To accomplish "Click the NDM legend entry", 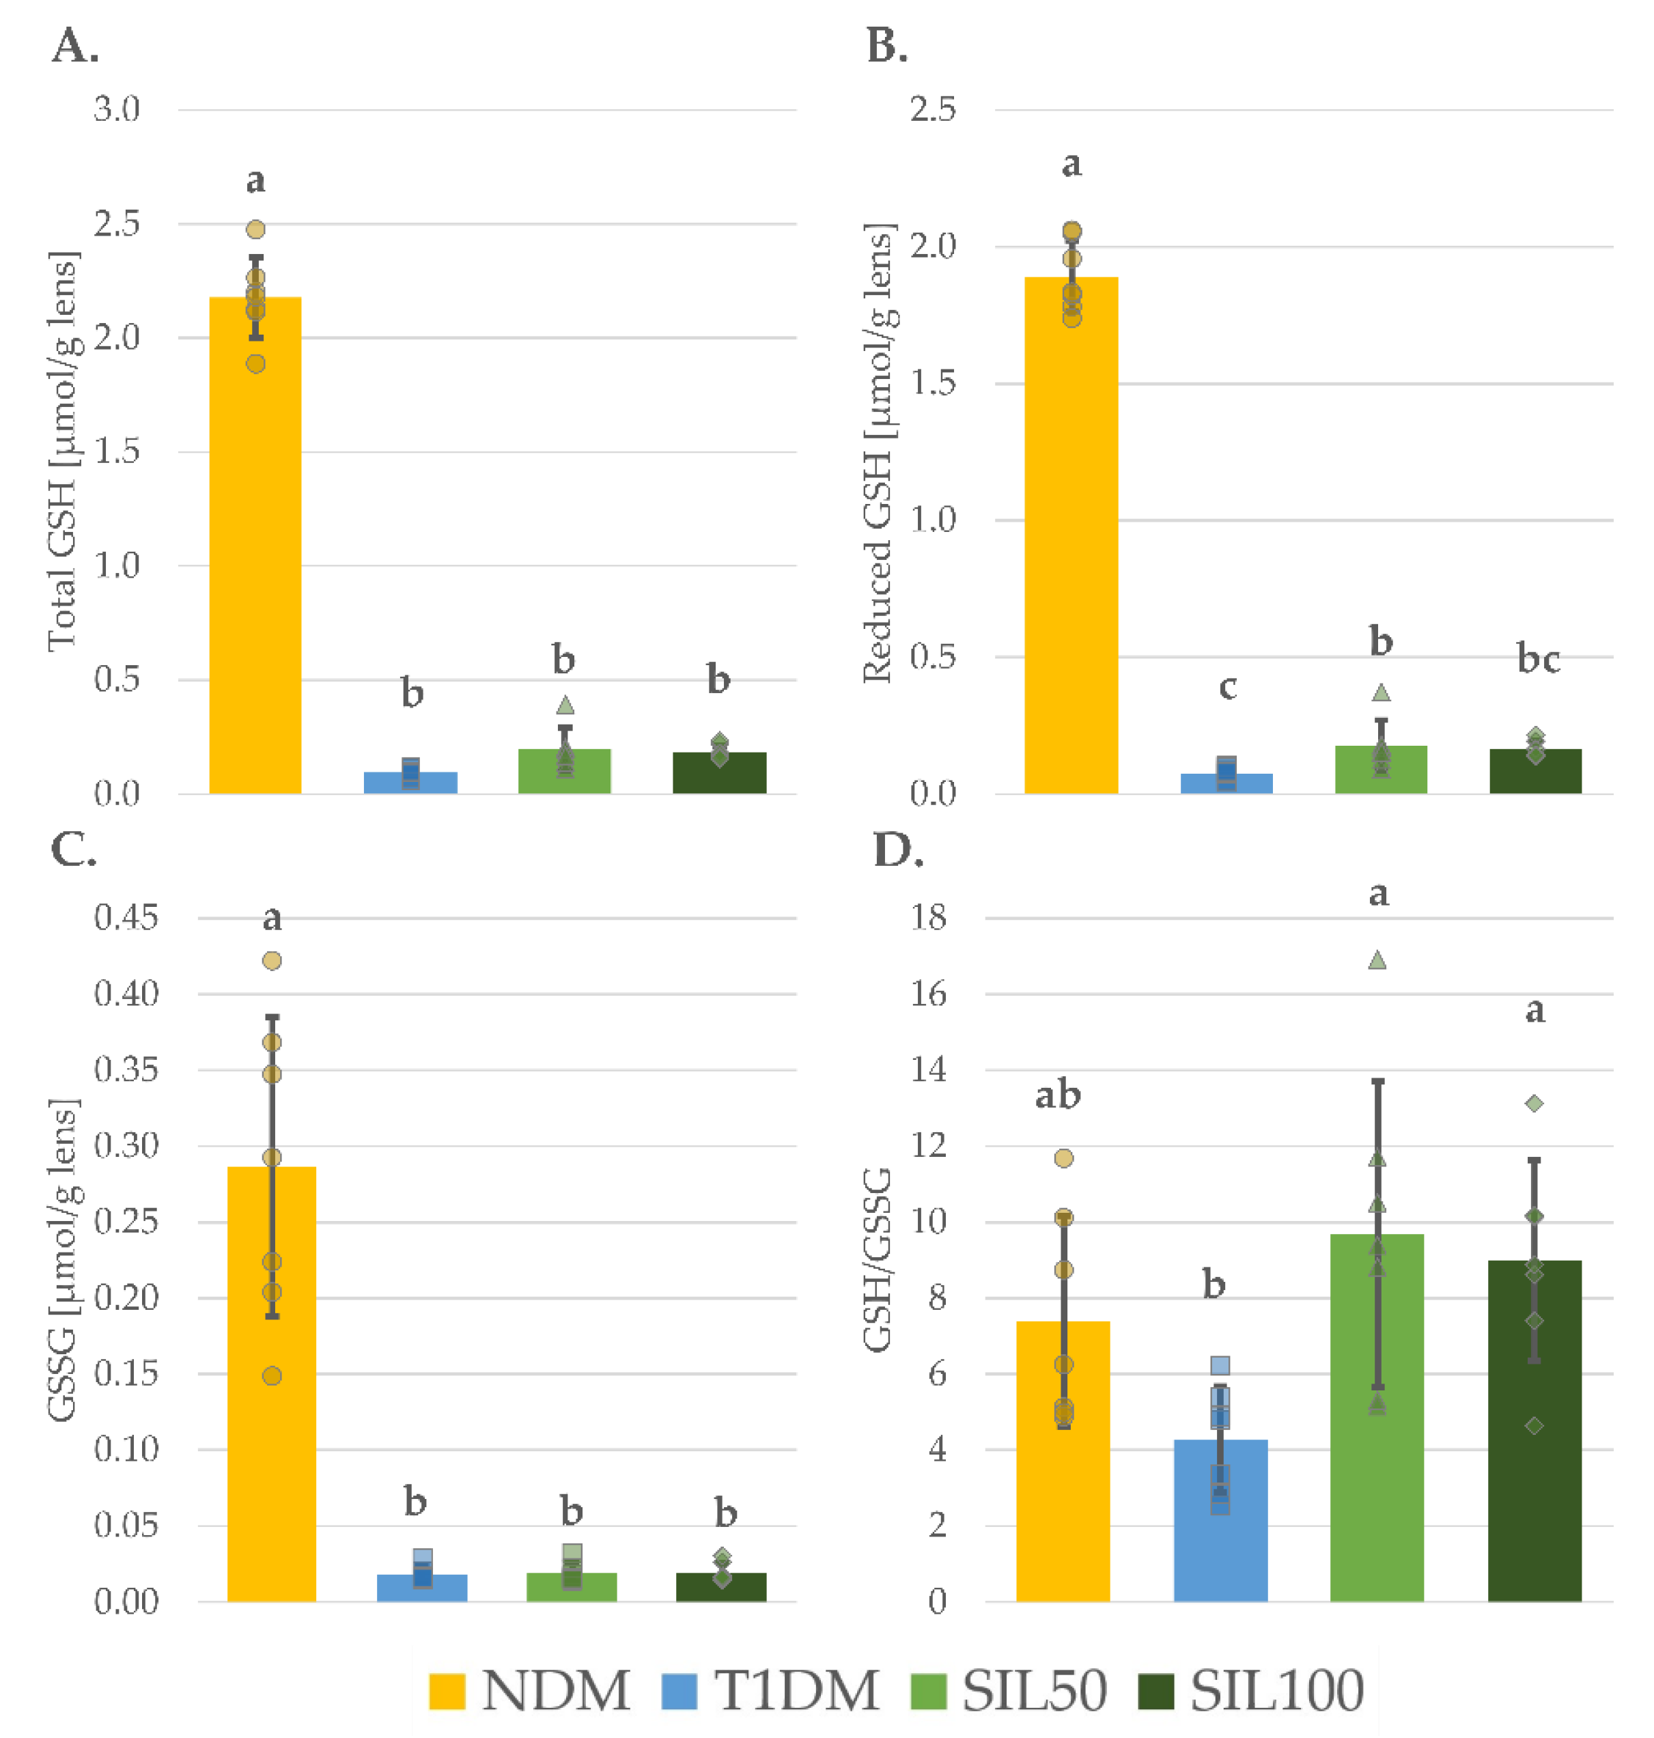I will [529, 1690].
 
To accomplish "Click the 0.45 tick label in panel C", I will [126, 917].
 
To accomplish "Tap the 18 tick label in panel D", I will [928, 917].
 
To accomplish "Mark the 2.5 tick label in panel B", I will [933, 110].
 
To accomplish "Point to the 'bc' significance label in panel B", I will [1539, 659].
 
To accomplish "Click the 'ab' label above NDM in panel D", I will [1057, 1095].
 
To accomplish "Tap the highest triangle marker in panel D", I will [1377, 959].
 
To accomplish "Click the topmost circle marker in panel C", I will [272, 960].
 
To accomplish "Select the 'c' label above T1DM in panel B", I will [1227, 686].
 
